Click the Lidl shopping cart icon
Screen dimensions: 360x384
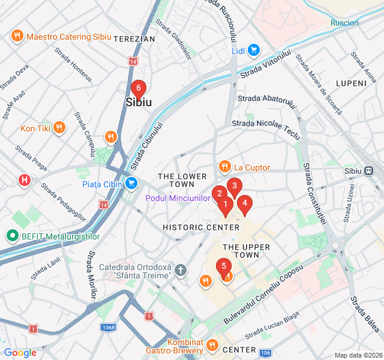[254, 50]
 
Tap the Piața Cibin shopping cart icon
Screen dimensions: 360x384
[131, 183]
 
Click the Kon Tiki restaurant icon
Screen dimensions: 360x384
[59, 127]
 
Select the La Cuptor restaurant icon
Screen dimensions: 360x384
[224, 167]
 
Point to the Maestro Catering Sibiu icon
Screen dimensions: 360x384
[17, 36]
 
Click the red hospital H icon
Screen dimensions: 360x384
[25, 179]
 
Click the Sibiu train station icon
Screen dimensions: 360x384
[367, 170]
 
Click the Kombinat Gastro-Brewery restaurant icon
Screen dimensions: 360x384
[212, 345]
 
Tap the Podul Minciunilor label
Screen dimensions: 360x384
[178, 198]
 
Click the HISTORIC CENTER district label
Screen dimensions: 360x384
[201, 227]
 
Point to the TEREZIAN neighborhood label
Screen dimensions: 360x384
[134, 39]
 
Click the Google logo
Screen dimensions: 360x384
[20, 353]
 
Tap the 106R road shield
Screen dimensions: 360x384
[109, 327]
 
